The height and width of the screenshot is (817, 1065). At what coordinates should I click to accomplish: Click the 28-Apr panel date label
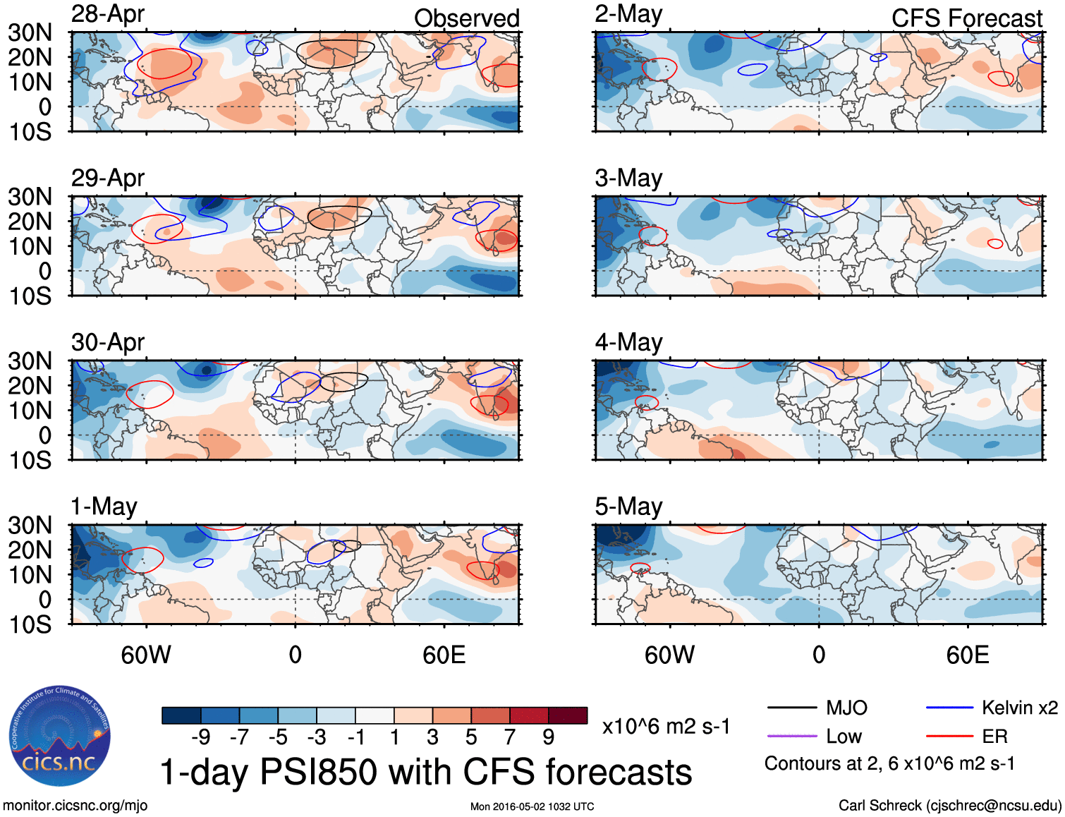pyautogui.click(x=108, y=14)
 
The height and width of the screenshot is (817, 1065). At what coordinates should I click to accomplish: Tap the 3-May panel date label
pyautogui.click(x=628, y=178)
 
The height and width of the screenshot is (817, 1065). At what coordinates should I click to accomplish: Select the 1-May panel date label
pyautogui.click(x=104, y=507)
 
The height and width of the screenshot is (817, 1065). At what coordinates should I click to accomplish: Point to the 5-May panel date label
pyautogui.click(x=628, y=507)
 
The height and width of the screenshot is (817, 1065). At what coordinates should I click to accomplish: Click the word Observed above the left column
pyautogui.click(x=466, y=18)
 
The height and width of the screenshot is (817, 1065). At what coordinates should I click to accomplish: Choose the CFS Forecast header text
pyautogui.click(x=966, y=18)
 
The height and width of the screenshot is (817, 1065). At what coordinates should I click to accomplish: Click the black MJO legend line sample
pyautogui.click(x=791, y=708)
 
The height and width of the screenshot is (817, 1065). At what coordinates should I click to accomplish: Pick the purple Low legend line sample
pyautogui.click(x=791, y=736)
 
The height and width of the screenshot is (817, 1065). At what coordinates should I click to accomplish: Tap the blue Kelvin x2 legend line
pyautogui.click(x=949, y=708)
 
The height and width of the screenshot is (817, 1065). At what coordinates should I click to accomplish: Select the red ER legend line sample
pyautogui.click(x=949, y=736)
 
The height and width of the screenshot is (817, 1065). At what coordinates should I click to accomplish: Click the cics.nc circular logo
pyautogui.click(x=60, y=737)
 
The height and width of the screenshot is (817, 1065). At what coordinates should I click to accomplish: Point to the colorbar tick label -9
pyautogui.click(x=200, y=737)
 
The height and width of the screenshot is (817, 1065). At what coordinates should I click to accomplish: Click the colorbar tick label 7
pyautogui.click(x=510, y=737)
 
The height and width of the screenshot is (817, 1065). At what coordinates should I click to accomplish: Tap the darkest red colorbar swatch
pyautogui.click(x=568, y=715)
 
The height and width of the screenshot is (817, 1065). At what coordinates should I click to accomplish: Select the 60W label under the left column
pyautogui.click(x=146, y=655)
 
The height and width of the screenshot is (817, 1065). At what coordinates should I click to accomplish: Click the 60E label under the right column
pyautogui.click(x=967, y=655)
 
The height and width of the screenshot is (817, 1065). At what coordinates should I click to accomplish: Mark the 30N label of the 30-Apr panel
pyautogui.click(x=30, y=361)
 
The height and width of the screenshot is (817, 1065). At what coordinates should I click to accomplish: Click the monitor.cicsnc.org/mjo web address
pyautogui.click(x=75, y=806)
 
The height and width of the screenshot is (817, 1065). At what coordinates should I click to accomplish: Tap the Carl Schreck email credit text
pyautogui.click(x=949, y=806)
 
